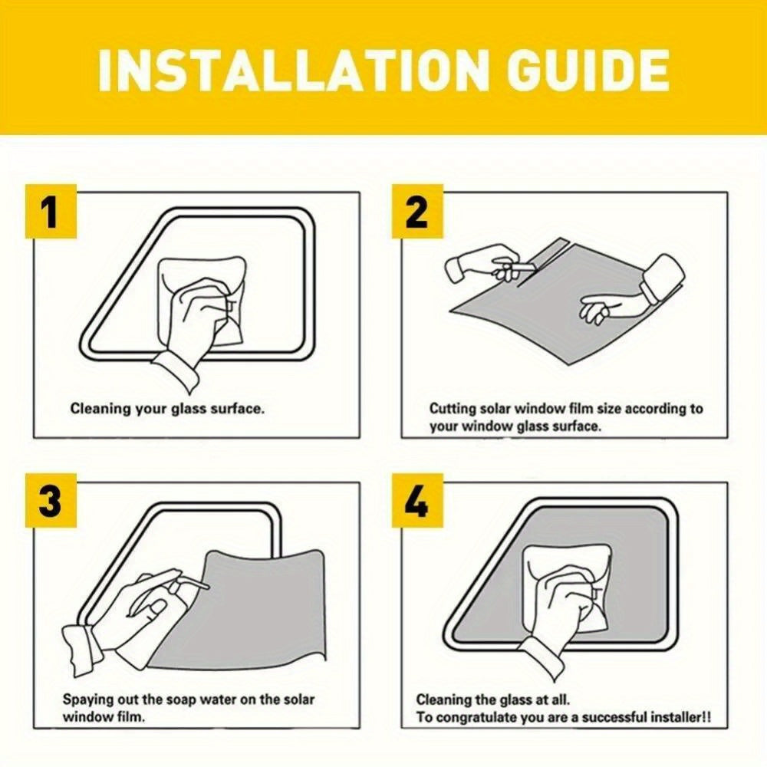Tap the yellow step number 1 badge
coord(51,212)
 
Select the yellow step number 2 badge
coord(417,212)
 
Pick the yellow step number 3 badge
coord(51,500)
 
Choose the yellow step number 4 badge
coord(417,500)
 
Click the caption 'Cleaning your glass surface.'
coord(167,409)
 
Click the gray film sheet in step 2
coord(562,313)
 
